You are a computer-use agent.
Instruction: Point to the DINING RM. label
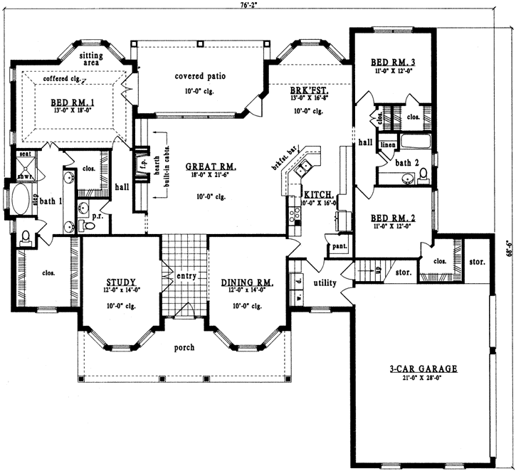click(x=243, y=281)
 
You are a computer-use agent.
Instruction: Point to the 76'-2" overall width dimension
click(x=248, y=4)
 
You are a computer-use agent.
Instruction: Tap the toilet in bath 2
click(x=422, y=174)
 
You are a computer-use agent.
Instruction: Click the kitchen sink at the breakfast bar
click(x=305, y=168)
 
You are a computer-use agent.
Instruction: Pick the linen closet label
click(x=387, y=145)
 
